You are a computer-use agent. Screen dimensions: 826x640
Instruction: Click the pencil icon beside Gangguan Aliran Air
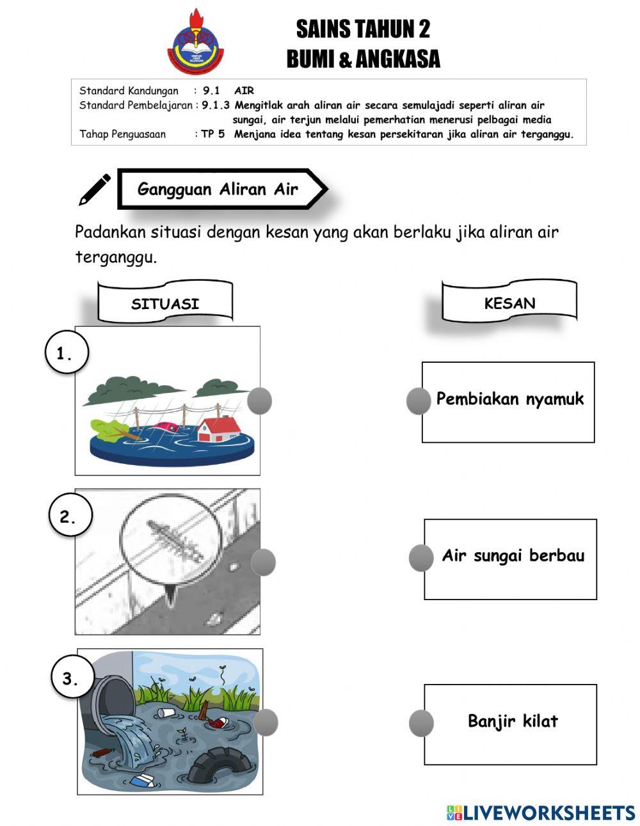point(94,189)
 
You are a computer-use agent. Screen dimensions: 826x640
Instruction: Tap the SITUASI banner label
point(165,303)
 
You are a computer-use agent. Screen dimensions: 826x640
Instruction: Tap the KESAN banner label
point(509,303)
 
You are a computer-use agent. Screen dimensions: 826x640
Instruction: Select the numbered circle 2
point(70,517)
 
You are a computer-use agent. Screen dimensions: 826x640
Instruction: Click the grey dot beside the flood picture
point(259,401)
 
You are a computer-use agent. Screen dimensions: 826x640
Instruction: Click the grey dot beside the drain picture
point(263,562)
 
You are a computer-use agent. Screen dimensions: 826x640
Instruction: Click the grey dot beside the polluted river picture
point(266,722)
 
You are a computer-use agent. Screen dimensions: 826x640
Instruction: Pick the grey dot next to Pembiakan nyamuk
point(419,401)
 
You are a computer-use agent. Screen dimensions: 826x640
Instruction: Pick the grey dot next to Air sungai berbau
point(421,558)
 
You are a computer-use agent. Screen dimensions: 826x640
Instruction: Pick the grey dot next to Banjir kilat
point(421,723)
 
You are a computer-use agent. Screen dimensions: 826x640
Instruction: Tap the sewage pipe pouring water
point(112,701)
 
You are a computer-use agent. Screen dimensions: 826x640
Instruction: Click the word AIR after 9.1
point(244,91)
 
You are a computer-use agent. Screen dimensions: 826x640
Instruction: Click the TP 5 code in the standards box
point(212,134)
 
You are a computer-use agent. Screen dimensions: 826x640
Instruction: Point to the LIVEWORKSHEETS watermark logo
point(540,813)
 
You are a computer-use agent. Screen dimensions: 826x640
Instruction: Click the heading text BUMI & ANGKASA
point(363,60)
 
